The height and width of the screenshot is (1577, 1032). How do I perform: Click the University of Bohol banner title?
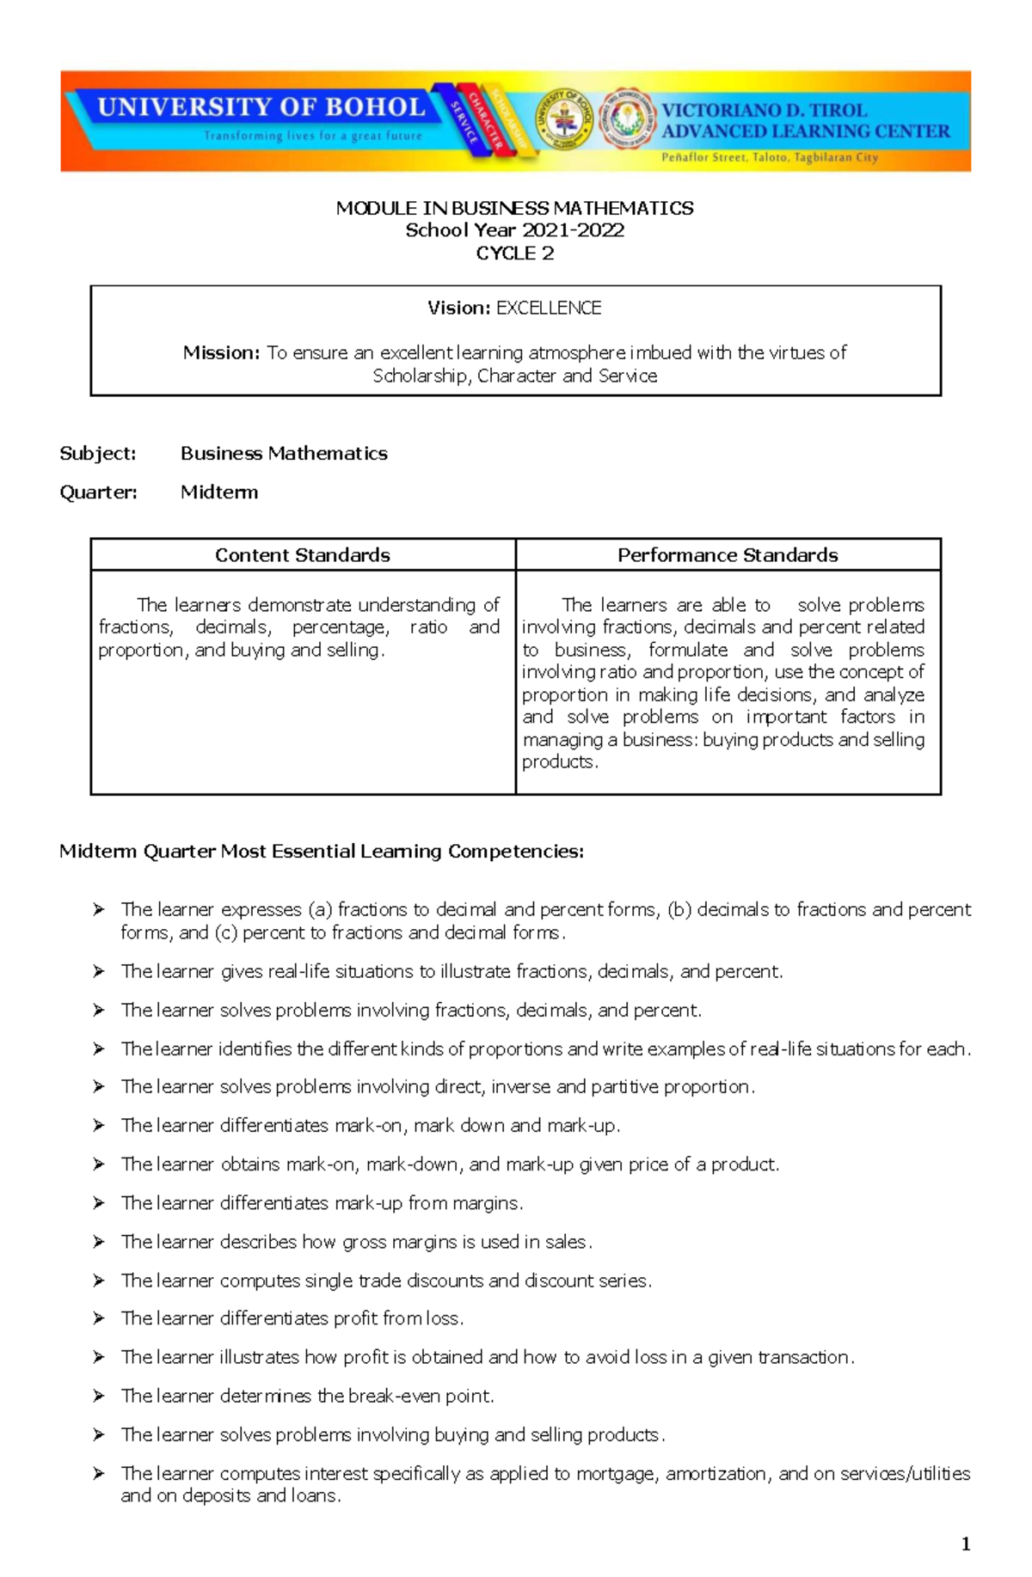[x=261, y=107]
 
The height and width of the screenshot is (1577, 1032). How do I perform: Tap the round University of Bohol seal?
[x=563, y=119]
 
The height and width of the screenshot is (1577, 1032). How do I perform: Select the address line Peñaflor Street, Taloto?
[x=769, y=157]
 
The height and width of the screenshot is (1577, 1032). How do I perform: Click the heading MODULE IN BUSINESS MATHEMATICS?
[x=514, y=208]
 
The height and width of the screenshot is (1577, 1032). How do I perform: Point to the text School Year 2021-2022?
[x=514, y=230]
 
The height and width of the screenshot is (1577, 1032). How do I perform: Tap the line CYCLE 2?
[x=514, y=254]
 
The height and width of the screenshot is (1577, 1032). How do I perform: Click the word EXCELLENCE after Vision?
[x=549, y=308]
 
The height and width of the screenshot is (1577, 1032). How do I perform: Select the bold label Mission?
[x=221, y=352]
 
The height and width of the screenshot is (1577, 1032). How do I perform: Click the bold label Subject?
[x=97, y=453]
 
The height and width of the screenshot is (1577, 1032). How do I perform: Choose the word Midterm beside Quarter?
[x=219, y=492]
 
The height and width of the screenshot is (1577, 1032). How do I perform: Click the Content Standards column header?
[x=303, y=555]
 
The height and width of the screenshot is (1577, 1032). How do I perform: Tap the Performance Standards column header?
[x=728, y=555]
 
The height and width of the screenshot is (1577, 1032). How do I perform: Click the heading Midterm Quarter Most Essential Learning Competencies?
[x=322, y=851]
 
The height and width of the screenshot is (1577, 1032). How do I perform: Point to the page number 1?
[x=966, y=1543]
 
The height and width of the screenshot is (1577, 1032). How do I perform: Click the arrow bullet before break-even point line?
[x=99, y=1396]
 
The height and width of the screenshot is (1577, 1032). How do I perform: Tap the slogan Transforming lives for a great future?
[x=313, y=136]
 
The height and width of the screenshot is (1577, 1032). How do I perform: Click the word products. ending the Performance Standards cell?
[x=559, y=762]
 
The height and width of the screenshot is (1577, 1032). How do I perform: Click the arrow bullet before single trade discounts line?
[x=99, y=1281]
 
